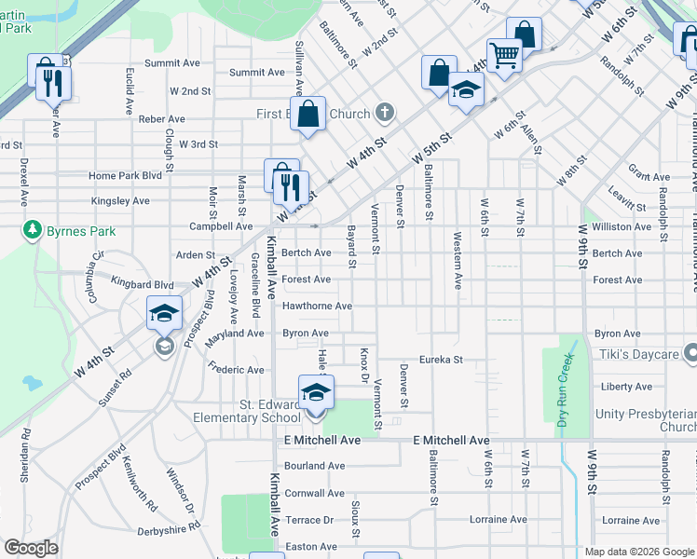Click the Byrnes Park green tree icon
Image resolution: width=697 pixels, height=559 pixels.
33,229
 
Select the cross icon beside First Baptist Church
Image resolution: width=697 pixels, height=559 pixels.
384,114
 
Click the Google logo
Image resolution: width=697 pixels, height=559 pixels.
32,548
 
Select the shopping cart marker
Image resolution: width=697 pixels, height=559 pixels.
504,55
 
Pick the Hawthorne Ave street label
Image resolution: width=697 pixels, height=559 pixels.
317,306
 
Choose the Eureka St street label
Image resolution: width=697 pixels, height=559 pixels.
441,359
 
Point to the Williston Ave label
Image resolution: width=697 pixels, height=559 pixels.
622,226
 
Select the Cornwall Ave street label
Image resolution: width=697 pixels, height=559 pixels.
315,493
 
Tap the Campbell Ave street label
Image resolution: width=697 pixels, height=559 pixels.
221,226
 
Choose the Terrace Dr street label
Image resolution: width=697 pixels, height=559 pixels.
309,520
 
